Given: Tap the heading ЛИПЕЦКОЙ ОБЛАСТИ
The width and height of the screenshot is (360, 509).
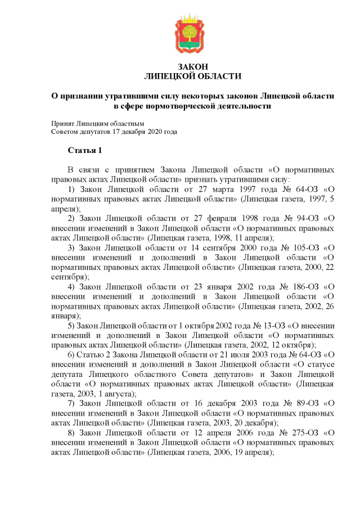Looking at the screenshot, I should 192,76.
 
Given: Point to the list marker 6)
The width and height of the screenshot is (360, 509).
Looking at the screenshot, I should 71,355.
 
